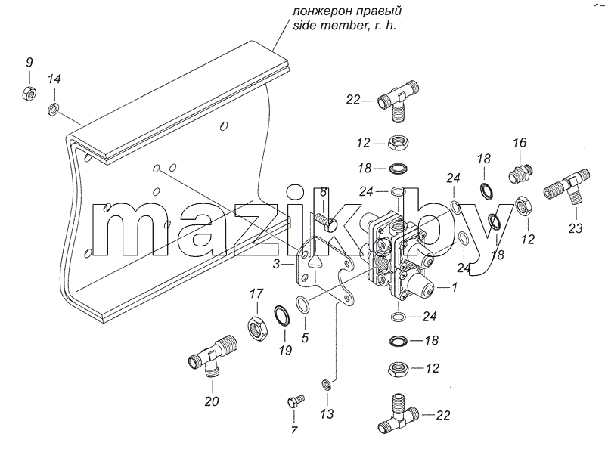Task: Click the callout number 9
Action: [29, 63]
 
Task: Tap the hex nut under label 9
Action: [29, 93]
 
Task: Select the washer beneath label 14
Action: [54, 109]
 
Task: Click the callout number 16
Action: [520, 143]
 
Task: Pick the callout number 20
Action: [212, 401]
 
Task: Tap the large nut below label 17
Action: [256, 328]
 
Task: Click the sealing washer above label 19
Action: [283, 316]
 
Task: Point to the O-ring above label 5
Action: [302, 305]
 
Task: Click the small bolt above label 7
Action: [296, 401]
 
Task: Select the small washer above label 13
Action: [327, 385]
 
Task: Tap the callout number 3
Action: [276, 265]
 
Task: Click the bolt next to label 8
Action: [327, 222]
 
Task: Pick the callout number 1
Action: [455, 287]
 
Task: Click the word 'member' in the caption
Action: [346, 26]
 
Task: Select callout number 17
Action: [256, 293]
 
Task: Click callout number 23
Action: [575, 228]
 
